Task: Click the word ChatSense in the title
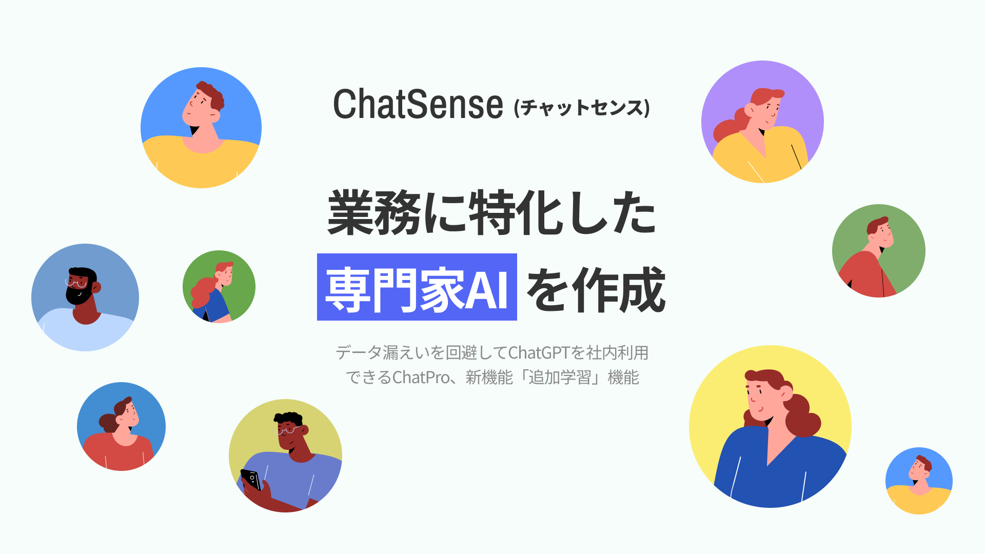coord(418,104)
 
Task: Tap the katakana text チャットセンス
coord(582,108)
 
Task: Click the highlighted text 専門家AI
coord(417,288)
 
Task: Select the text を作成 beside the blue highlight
coord(596,290)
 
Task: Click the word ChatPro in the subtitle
coord(421,378)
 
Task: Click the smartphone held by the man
coord(251,479)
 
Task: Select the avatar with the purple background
coord(762,122)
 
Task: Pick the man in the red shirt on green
coord(878,251)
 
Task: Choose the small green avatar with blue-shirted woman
coord(219,286)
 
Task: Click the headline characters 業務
coord(375,213)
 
